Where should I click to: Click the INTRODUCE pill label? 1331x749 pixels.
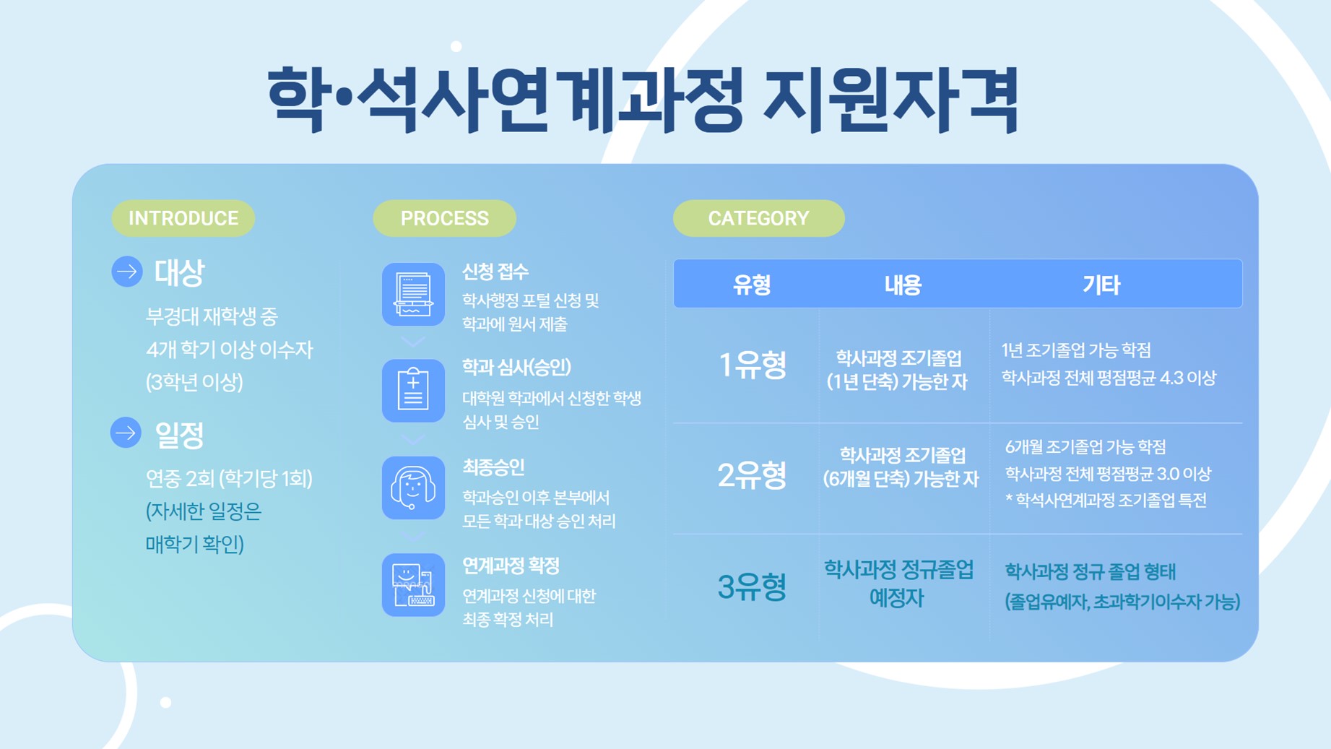[x=183, y=218]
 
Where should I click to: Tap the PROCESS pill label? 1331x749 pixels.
[x=444, y=218]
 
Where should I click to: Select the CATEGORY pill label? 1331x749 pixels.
[x=758, y=218]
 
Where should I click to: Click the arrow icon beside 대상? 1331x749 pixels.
[x=127, y=272]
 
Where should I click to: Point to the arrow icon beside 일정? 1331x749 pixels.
[x=126, y=433]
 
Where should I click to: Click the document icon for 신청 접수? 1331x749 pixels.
[x=413, y=294]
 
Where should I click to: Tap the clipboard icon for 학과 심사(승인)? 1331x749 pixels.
[x=413, y=391]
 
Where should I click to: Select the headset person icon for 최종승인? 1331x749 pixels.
[x=413, y=488]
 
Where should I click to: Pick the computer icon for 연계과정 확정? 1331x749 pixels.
[x=413, y=585]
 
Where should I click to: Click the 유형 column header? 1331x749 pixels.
[x=752, y=285]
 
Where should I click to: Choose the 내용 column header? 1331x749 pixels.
[x=903, y=285]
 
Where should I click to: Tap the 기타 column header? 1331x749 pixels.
[x=1101, y=285]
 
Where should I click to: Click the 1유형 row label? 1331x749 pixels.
[x=752, y=365]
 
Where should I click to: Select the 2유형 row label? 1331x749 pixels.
[x=752, y=475]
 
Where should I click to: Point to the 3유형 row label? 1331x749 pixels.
[x=752, y=586]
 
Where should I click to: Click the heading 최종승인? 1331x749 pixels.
[x=493, y=467]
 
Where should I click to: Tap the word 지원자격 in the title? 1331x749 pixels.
[x=891, y=100]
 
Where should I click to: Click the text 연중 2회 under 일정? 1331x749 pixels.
[x=180, y=478]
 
